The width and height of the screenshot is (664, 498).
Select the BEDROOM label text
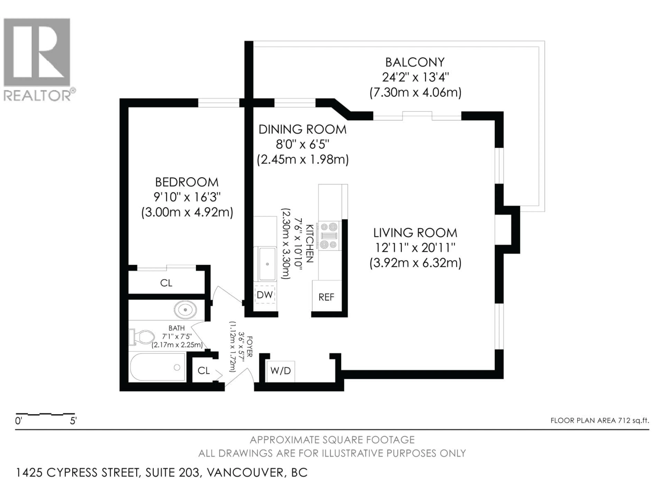[x=187, y=182]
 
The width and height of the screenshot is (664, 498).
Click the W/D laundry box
[x=280, y=371]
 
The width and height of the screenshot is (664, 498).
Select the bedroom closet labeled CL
[x=166, y=283]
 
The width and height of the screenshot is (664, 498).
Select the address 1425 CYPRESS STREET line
[x=162, y=472]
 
